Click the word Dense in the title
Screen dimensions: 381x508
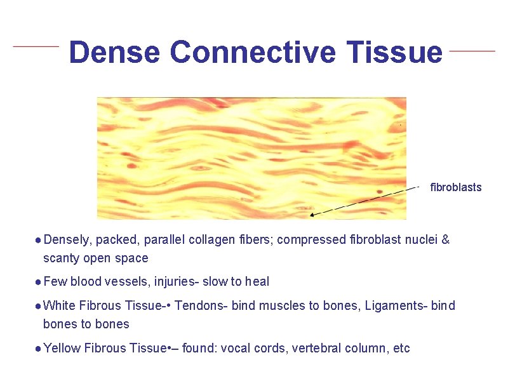(x=114, y=52)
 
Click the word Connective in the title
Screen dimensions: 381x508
(x=252, y=52)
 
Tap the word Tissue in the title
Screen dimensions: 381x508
(x=394, y=52)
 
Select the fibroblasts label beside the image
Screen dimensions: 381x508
(x=456, y=187)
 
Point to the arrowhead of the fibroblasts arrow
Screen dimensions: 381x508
(x=313, y=215)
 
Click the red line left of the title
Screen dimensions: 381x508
(x=36, y=46)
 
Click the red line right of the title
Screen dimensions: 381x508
(x=472, y=50)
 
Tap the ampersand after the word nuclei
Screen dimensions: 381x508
(x=445, y=240)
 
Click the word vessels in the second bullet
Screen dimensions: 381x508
(x=137, y=281)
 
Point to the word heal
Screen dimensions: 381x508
(x=257, y=281)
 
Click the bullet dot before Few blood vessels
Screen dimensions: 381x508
(x=39, y=281)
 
